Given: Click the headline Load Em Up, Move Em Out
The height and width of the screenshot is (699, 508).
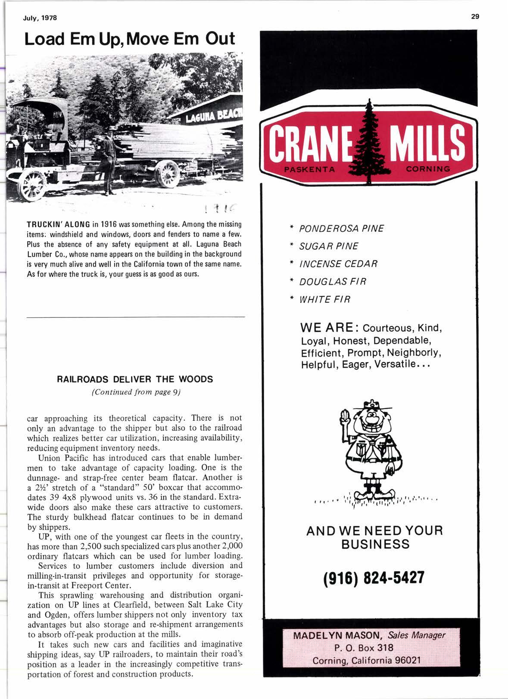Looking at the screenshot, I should click(130, 39).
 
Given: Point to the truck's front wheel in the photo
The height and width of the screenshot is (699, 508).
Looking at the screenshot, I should click(33, 184).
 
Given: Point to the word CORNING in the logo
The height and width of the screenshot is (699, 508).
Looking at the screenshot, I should click(428, 169).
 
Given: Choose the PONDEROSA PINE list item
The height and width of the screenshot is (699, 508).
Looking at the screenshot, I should click(341, 228).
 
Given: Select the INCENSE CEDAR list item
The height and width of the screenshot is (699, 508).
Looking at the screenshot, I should click(338, 264).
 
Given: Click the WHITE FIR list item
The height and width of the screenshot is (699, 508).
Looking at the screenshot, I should click(324, 299).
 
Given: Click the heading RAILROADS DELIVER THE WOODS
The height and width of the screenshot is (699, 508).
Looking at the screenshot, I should click(135, 379).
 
